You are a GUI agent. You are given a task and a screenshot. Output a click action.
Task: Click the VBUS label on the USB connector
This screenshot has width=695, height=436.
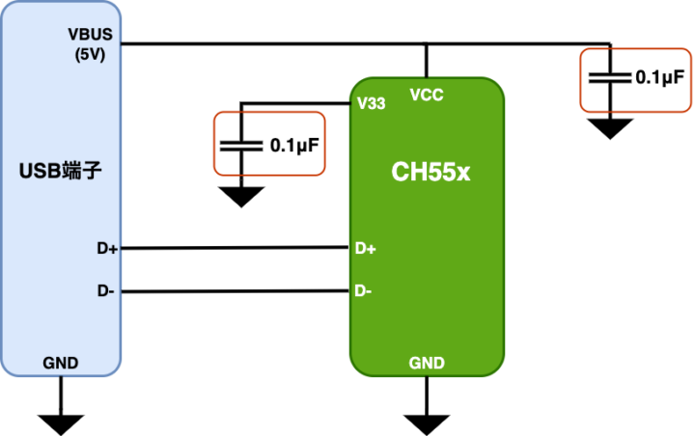click(x=91, y=34)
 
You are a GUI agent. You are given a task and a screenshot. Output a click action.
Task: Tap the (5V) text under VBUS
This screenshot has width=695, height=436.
click(x=91, y=54)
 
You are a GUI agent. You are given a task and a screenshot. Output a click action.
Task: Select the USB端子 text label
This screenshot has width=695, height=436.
click(x=61, y=173)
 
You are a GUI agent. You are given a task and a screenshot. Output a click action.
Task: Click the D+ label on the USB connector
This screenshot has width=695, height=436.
click(x=107, y=249)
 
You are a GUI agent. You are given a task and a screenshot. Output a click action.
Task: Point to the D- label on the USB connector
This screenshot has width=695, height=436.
click(x=106, y=290)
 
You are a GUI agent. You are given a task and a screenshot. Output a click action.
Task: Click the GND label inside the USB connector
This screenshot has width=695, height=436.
click(x=61, y=363)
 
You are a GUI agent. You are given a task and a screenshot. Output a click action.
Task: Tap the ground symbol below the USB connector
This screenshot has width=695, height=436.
click(x=61, y=422)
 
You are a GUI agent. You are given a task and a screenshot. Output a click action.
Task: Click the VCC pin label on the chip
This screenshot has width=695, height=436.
click(x=426, y=95)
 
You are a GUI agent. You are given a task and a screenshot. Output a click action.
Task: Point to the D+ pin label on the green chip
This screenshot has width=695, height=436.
click(x=366, y=249)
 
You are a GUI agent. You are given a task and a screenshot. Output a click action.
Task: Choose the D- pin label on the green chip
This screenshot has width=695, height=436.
click(x=364, y=290)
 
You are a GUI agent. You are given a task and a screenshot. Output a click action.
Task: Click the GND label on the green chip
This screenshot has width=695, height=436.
click(x=427, y=363)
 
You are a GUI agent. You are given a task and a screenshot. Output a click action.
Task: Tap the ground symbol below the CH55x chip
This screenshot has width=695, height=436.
click(x=427, y=422)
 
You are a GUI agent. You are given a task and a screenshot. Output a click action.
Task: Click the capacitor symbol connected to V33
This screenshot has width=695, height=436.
click(x=240, y=146)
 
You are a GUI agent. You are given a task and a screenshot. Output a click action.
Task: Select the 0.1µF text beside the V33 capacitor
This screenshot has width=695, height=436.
click(x=294, y=146)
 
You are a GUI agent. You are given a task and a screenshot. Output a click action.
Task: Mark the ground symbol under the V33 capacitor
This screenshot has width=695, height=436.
click(x=240, y=196)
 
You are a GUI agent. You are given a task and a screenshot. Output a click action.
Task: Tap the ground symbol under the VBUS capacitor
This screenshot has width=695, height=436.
click(x=608, y=127)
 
